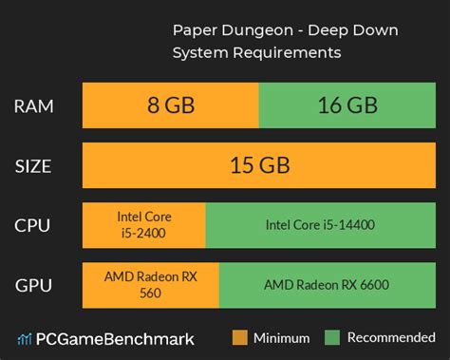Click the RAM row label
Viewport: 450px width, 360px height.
(34, 106)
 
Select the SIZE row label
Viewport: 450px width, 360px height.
(34, 165)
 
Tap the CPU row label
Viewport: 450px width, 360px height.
(34, 226)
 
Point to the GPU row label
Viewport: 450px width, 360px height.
(34, 285)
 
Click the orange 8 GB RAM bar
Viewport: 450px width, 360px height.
(170, 106)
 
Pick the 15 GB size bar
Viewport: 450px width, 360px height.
(258, 165)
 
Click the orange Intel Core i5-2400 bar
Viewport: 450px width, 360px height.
(143, 226)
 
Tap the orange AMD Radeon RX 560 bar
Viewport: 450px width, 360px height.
(150, 285)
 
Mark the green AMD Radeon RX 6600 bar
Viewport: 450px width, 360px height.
(326, 285)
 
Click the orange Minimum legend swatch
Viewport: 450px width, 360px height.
(239, 337)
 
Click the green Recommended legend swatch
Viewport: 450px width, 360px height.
(332, 337)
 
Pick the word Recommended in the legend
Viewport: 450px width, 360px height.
(390, 337)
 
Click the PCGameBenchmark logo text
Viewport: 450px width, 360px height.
(115, 338)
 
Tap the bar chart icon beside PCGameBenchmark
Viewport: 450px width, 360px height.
(24, 338)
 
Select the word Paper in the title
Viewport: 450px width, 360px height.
(193, 30)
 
